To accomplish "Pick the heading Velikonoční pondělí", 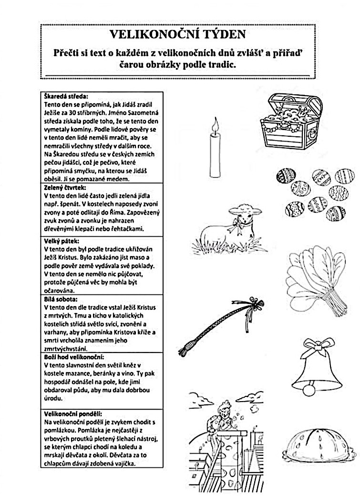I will click(x=72, y=414).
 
